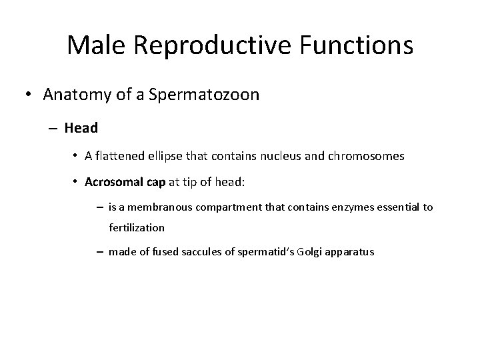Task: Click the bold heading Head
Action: point(83,127)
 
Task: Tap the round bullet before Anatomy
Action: point(30,95)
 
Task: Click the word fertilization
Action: point(137,227)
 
